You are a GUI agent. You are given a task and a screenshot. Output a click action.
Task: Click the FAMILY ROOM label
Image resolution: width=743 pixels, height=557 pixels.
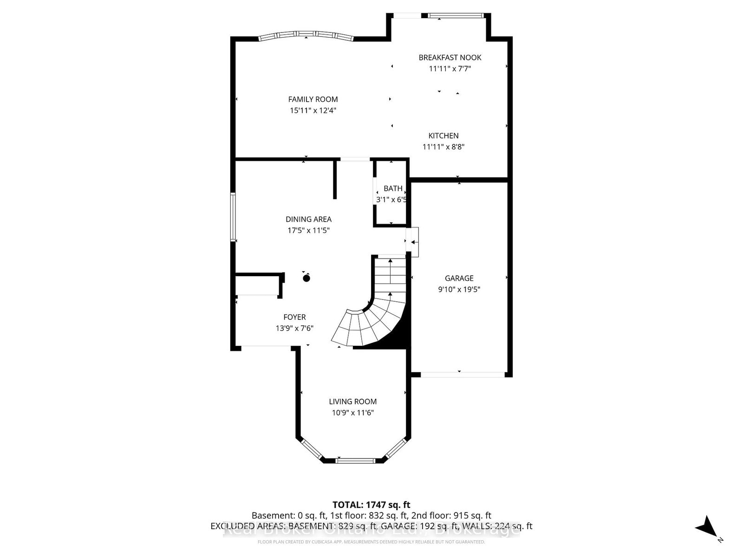pos(313,99)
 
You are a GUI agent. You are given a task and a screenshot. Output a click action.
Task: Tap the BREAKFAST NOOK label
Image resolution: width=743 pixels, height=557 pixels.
pos(450,58)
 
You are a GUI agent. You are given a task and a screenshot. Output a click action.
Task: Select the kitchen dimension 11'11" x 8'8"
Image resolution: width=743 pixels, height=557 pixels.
pos(443,147)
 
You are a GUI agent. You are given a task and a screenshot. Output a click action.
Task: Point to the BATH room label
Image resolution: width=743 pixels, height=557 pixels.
pos(393,188)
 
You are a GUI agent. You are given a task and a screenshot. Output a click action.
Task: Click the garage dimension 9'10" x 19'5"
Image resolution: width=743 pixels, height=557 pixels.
pos(459,290)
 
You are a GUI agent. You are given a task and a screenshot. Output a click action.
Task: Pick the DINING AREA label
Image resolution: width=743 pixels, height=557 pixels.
pos(308,219)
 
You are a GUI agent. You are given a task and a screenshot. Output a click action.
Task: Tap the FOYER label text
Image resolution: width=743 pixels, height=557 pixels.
pos(294,317)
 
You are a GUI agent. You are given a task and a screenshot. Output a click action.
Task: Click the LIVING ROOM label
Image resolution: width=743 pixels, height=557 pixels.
pos(352,402)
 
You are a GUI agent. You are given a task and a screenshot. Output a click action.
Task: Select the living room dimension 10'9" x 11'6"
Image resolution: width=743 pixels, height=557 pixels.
pos(352,413)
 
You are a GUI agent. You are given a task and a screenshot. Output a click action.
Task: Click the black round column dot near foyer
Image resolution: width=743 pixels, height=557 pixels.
pos(306,278)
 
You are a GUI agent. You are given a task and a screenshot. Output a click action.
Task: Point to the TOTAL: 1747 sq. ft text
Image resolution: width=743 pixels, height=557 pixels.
pos(371,505)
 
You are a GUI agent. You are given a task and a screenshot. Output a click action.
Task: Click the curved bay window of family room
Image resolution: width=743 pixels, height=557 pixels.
pos(306,35)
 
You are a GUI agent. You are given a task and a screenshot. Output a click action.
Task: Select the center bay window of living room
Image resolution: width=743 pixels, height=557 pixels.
pos(355,461)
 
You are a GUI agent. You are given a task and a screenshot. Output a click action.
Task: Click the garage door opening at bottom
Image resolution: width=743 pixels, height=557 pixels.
pos(463,374)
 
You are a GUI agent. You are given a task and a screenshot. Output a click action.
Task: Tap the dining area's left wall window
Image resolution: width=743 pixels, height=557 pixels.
pos(233,217)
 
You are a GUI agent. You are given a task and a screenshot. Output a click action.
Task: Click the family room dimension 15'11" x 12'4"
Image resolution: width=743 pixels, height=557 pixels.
pos(313,110)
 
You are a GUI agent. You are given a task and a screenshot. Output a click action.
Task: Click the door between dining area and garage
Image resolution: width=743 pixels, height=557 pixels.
pos(413,242)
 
